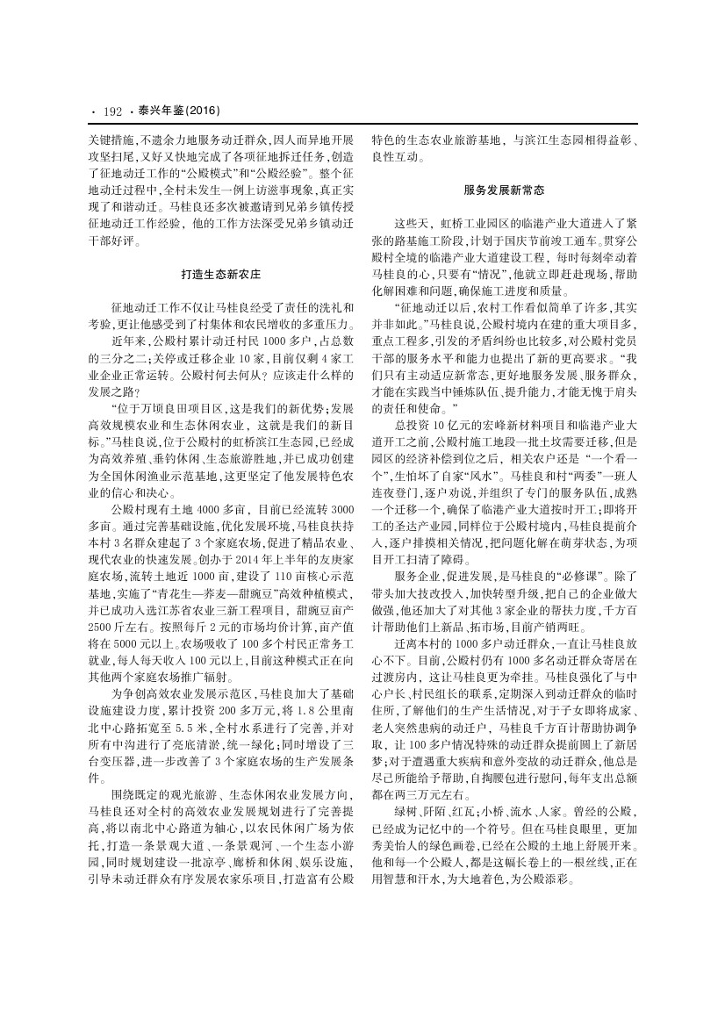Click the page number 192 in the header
[111, 111]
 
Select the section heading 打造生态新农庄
[221, 275]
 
